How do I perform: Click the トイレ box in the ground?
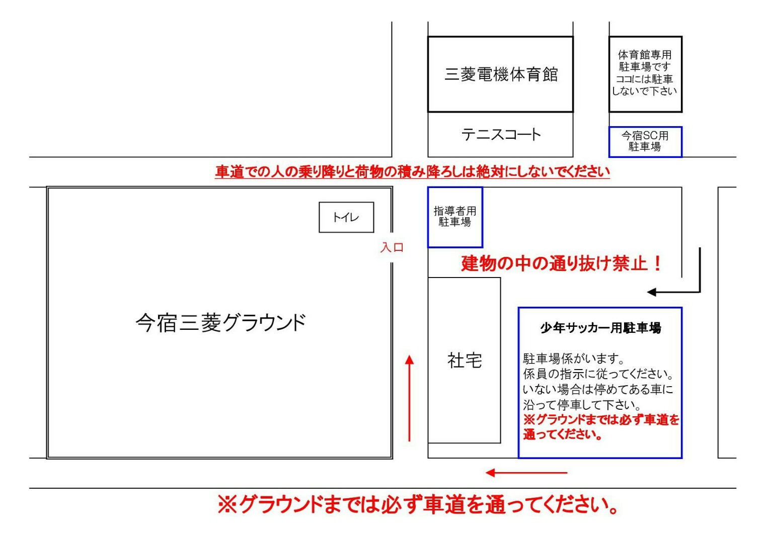(346, 218)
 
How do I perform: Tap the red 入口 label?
(392, 247)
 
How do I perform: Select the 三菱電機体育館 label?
(501, 74)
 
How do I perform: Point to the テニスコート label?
(501, 135)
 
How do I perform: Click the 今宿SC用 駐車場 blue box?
(645, 142)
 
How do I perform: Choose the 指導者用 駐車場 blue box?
(455, 217)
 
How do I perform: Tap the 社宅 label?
(465, 360)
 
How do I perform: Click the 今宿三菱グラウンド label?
(220, 323)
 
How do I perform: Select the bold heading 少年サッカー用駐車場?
(601, 328)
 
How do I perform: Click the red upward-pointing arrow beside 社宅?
(409, 398)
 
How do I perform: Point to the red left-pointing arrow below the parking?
(526, 473)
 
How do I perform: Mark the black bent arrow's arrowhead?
(651, 292)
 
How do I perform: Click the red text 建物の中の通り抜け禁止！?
(562, 263)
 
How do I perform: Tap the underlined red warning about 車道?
(412, 171)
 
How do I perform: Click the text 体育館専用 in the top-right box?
(645, 55)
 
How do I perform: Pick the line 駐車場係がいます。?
(573, 358)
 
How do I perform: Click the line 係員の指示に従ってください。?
(598, 374)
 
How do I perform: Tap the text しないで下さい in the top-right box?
(645, 91)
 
